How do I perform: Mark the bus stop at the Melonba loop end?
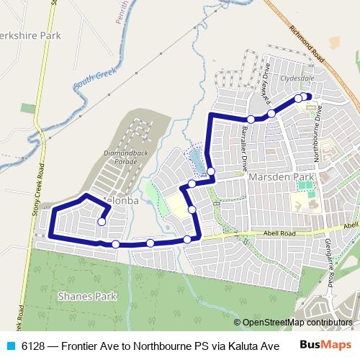coord(102,222)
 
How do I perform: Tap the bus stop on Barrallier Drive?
coord(251,119)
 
